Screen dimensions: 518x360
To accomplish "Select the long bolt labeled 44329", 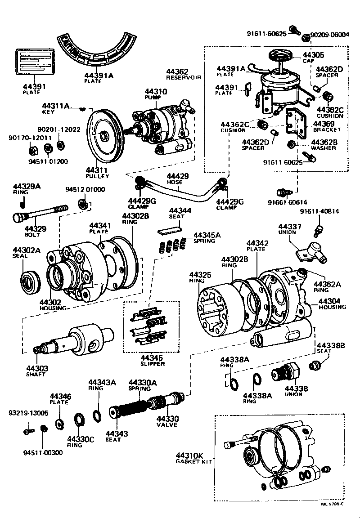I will pyautogui.click(x=40, y=214).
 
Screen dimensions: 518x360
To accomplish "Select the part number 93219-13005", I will pyautogui.click(x=28, y=412).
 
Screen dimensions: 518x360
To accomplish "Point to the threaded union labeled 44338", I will pyautogui.click(x=284, y=373).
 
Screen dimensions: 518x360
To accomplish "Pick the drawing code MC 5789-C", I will pyautogui.click(x=332, y=504).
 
